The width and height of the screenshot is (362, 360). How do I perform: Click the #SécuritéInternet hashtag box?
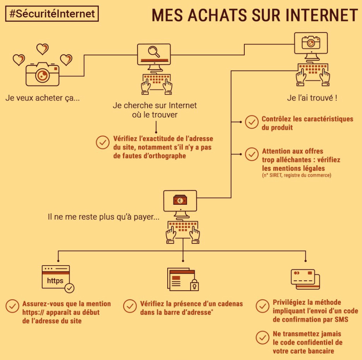(x=52, y=14)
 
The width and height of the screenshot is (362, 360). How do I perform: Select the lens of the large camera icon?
(x=43, y=75)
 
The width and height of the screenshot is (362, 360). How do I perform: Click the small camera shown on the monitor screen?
(x=311, y=42)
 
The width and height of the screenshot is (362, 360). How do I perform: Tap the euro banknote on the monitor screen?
(x=180, y=200)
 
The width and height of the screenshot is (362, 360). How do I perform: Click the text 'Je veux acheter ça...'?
(x=43, y=98)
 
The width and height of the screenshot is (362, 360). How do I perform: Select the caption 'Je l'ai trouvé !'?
(x=312, y=98)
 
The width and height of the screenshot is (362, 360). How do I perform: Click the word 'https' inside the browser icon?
(x=55, y=281)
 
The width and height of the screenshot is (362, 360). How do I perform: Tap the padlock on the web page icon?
(x=194, y=285)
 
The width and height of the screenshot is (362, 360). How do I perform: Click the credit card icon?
(x=305, y=279)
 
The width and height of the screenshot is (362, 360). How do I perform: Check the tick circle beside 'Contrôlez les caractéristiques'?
(x=252, y=122)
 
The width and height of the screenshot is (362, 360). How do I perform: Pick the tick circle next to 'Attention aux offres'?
(x=252, y=154)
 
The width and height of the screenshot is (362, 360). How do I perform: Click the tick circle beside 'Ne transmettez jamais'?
(x=262, y=338)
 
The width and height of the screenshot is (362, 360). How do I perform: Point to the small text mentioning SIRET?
(x=297, y=175)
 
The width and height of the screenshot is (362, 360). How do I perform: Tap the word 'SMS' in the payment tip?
(x=341, y=319)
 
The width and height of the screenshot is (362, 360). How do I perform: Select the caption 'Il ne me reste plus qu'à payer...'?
(x=103, y=217)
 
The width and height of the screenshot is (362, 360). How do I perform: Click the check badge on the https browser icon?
(x=69, y=288)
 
